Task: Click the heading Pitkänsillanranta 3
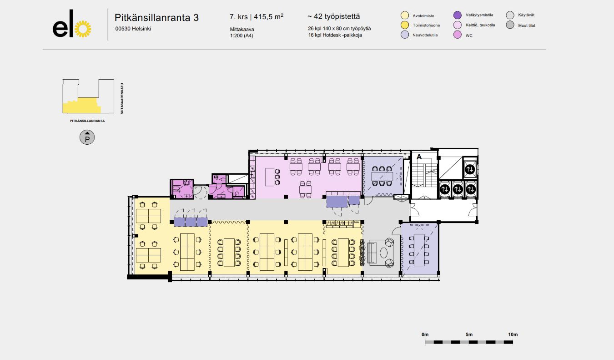tap(156, 18)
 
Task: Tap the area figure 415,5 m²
tap(269, 17)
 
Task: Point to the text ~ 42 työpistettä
tap(333, 17)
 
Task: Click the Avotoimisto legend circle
tap(405, 15)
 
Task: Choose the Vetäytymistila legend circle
tap(458, 15)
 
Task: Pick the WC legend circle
tap(458, 35)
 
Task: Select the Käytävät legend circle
tap(510, 15)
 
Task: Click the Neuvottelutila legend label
tap(426, 35)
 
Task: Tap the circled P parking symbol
tap(87, 137)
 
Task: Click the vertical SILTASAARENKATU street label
tap(122, 98)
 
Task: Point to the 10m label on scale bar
tap(513, 335)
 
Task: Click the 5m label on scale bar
tap(469, 335)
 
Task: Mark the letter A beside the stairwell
tap(419, 157)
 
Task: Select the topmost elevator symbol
tap(470, 169)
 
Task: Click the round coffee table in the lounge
tap(384, 253)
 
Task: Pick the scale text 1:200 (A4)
tap(241, 35)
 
